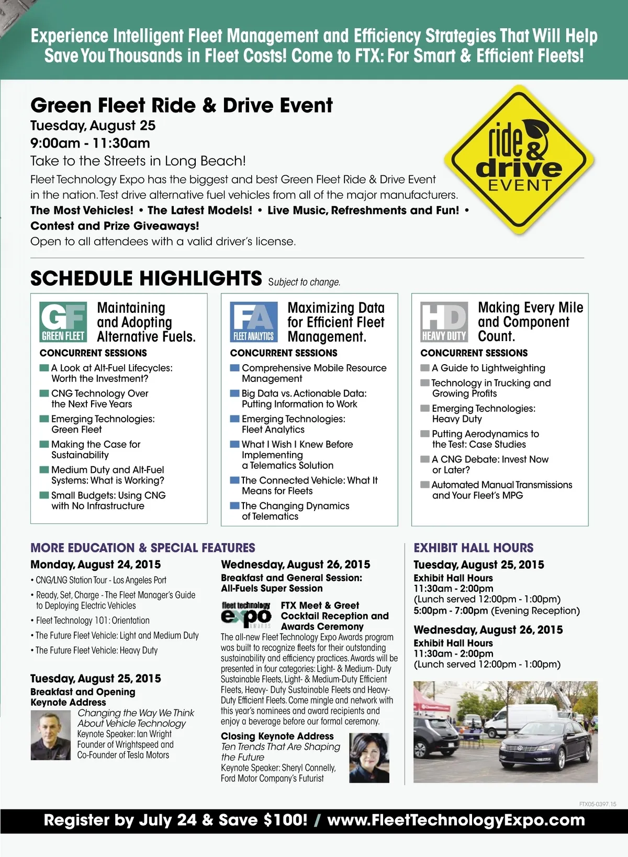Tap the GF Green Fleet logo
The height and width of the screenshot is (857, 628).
tap(63, 322)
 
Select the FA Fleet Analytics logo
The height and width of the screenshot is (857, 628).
tap(254, 322)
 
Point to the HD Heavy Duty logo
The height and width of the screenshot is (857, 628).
tap(444, 322)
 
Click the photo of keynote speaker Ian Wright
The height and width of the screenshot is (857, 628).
tap(51, 735)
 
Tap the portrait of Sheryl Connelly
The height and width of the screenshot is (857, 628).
tap(369, 758)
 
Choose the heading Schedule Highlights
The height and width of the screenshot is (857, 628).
tap(146, 278)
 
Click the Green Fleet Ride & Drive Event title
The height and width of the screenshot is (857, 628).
tap(181, 105)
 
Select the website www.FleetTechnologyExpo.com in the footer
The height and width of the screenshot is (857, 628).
tap(456, 820)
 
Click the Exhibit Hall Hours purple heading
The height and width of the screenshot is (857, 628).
tap(473, 548)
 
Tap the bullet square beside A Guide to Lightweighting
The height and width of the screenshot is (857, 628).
tap(425, 368)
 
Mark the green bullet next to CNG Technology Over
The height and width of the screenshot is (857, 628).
tap(44, 393)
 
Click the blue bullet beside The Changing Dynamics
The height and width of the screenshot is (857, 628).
tap(235, 505)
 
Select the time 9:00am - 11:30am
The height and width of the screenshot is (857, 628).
tap(90, 143)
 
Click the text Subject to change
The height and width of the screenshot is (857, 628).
tap(304, 282)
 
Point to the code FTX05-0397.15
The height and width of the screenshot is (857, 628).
tap(598, 804)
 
